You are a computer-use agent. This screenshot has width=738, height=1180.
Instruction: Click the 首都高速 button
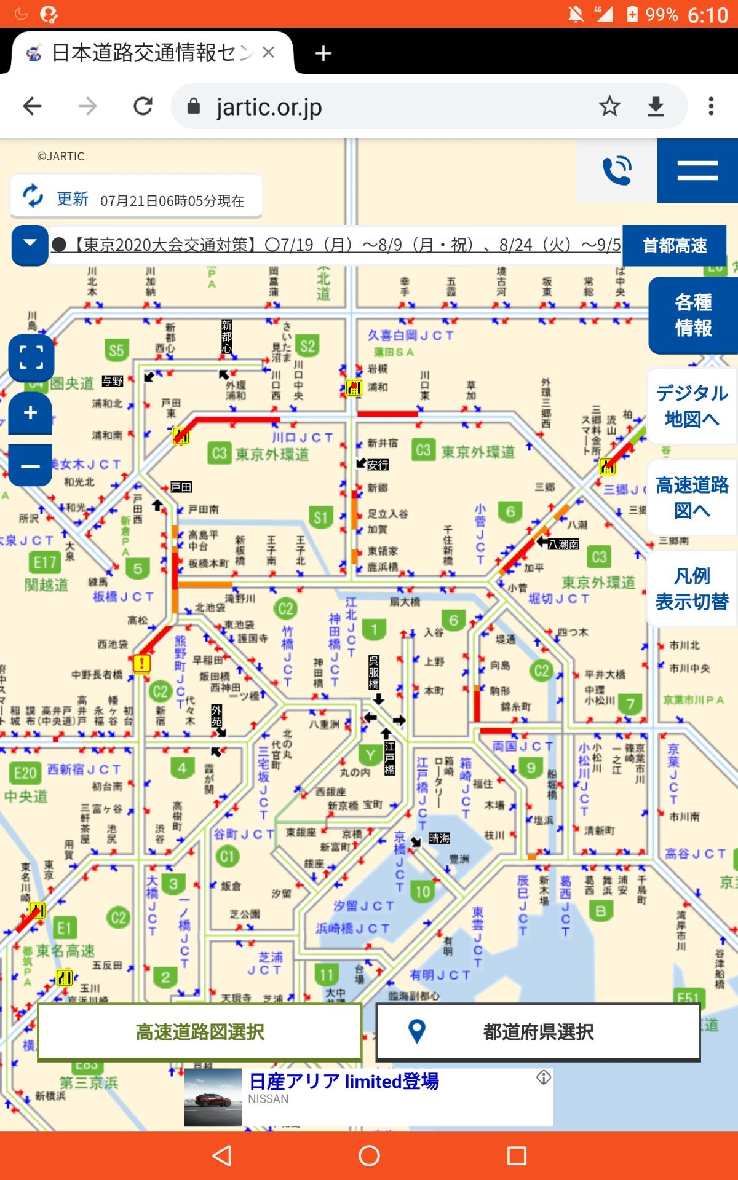675,246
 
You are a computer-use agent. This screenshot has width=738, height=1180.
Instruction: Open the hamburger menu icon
697,171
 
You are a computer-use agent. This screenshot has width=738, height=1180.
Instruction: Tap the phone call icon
617,171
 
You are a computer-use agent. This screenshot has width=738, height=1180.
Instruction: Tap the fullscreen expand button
31,356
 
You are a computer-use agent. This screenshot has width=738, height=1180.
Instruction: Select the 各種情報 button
693,315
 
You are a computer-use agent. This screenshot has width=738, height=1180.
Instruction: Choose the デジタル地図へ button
692,406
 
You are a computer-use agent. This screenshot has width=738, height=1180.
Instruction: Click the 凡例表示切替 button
692,589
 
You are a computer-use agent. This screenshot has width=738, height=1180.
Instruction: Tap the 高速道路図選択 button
200,1032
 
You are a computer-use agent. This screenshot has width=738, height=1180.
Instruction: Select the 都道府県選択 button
538,1032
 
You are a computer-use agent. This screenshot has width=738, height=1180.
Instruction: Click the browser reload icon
143,106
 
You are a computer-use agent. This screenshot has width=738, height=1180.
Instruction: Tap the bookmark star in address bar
609,106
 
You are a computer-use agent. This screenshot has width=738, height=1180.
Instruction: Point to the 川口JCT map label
302,438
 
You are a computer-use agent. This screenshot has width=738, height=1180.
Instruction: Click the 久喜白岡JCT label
411,336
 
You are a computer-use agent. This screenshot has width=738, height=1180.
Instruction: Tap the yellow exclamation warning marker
142,664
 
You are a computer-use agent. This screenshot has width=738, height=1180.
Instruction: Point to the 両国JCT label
522,746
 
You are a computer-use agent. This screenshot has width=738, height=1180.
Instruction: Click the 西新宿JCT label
84,769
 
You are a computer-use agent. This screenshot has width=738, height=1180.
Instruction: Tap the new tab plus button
323,53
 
